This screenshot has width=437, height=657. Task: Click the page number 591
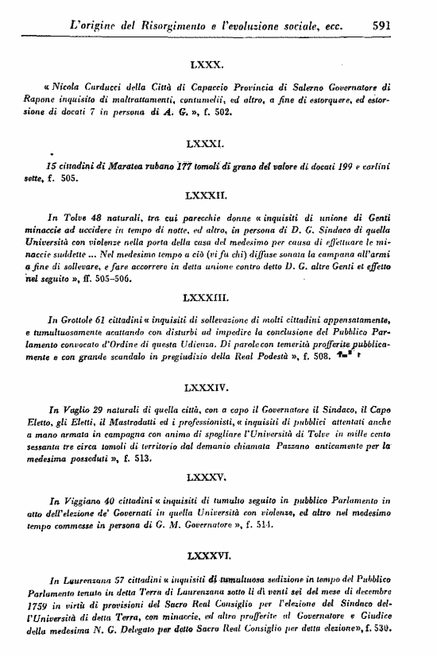pyautogui.click(x=385, y=25)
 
